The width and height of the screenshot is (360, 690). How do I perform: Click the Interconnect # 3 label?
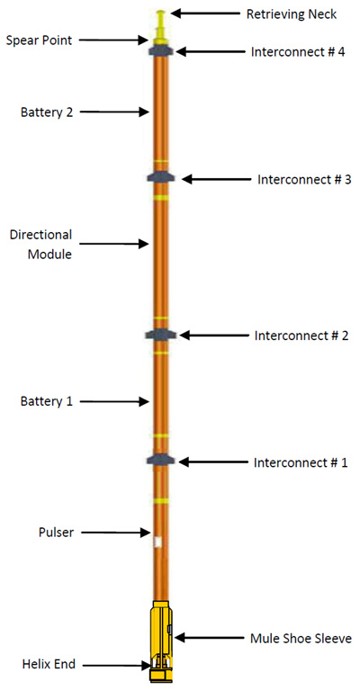[304, 179]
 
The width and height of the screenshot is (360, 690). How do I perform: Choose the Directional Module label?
[40, 244]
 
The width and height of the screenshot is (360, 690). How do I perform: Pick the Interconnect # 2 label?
[301, 336]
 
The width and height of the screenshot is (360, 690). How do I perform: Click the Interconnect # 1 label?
[301, 462]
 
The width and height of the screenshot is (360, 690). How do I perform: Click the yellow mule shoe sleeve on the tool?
[160, 630]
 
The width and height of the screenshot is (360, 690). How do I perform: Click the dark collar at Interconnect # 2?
[161, 335]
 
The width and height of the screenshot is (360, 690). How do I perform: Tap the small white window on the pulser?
[157, 542]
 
